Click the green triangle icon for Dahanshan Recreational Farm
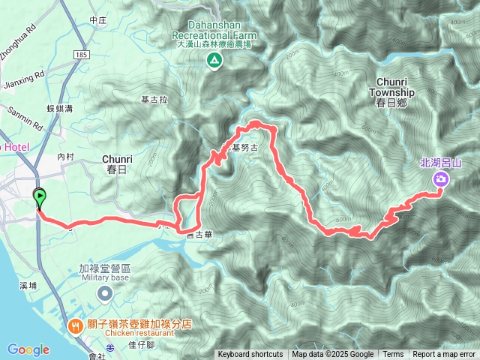215,60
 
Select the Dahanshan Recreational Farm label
215,34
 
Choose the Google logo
28,349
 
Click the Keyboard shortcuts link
250,355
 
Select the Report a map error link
444,355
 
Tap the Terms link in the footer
393,355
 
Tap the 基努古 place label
244,148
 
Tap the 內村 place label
67,157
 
